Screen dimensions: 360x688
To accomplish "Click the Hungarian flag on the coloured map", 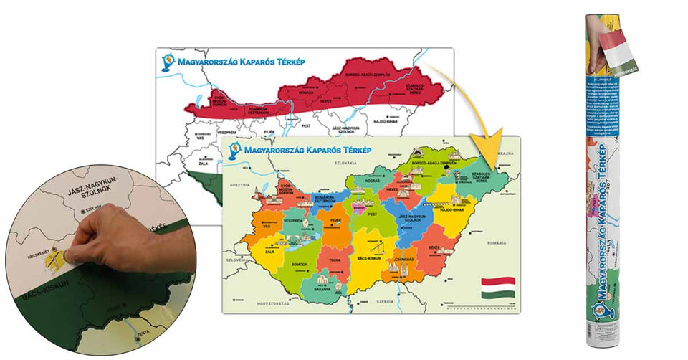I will coord(497,288).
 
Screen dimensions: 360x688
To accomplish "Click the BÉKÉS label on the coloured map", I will coord(433,246).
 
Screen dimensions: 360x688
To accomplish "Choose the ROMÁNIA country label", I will coord(495,243).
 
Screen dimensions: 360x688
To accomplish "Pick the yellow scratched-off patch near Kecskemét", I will coord(57,260).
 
